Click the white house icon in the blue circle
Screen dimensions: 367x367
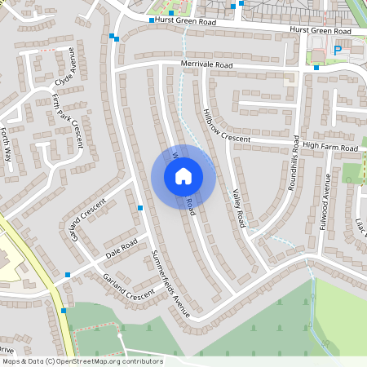[183, 176]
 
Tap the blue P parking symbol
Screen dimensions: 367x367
[338, 51]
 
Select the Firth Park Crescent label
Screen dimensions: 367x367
[67, 120]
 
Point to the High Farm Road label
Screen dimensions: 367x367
[330, 148]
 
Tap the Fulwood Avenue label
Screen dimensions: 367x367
[326, 201]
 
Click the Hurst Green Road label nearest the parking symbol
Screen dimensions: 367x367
[320, 31]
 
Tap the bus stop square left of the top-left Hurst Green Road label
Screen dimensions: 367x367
[152, 20]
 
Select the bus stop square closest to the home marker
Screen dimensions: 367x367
[141, 209]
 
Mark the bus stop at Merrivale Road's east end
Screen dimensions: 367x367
[316, 68]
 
